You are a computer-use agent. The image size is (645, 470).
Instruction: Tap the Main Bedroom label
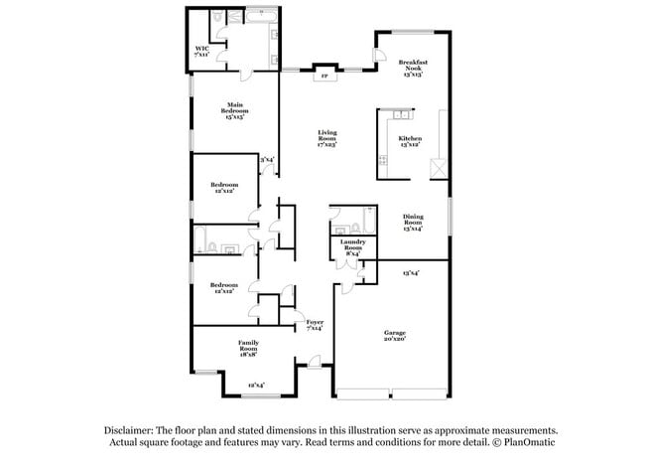pos(235,108)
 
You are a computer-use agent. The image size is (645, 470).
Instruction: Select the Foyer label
pos(315,323)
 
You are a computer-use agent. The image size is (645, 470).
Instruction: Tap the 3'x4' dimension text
pos(267,159)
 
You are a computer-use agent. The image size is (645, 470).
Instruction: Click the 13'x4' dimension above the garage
pos(410,273)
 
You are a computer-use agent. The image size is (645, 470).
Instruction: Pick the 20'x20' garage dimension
pos(395,339)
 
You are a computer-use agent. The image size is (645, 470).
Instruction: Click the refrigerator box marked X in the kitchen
pos(436,170)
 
